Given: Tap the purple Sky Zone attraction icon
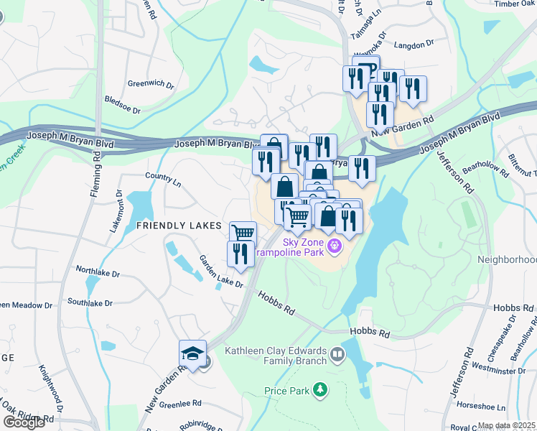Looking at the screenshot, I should (x=334, y=247).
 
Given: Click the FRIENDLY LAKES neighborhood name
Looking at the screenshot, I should (x=179, y=226).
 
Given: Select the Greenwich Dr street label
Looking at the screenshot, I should (x=151, y=84).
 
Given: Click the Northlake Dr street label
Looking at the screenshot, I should (x=98, y=273).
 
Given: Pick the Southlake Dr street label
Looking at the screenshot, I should (x=90, y=303).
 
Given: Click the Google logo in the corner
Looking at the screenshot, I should (x=24, y=422).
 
